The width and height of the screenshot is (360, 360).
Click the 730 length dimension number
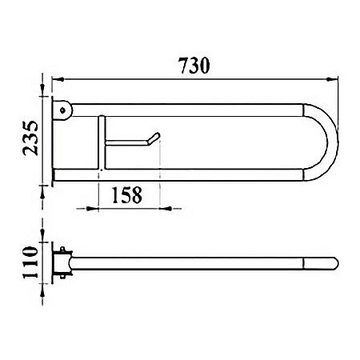click(194, 66)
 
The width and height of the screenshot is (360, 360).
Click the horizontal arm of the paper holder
click(128, 144)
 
